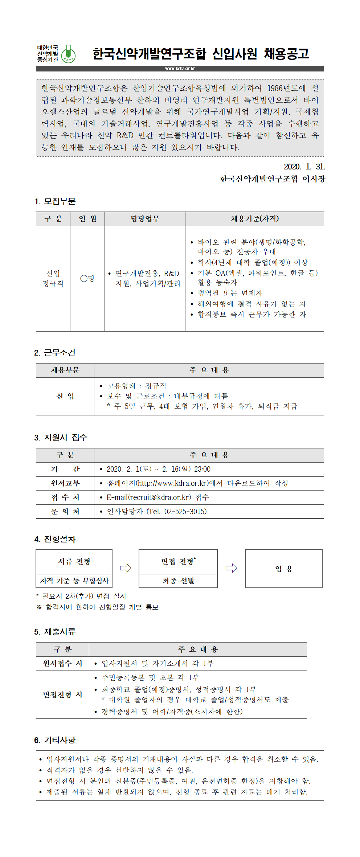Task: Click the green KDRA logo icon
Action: click(68, 54)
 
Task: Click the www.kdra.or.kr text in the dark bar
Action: click(180, 69)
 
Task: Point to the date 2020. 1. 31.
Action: click(304, 167)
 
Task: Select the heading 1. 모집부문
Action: click(55, 201)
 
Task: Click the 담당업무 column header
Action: click(145, 219)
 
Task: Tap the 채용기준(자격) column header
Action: click(254, 219)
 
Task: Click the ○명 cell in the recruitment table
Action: click(87, 278)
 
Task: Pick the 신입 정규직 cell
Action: click(53, 278)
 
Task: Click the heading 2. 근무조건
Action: click(55, 353)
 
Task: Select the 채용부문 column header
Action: click(65, 370)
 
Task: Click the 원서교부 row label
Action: click(65, 483)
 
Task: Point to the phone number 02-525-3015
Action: click(185, 512)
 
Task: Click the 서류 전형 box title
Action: click(74, 562)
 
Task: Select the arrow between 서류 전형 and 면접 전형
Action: click(126, 568)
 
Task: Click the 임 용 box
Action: click(284, 569)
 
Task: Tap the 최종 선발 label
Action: click(178, 581)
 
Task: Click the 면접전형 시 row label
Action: click(62, 694)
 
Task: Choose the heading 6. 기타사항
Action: click(55, 740)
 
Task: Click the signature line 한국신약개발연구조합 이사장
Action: click(273, 179)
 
